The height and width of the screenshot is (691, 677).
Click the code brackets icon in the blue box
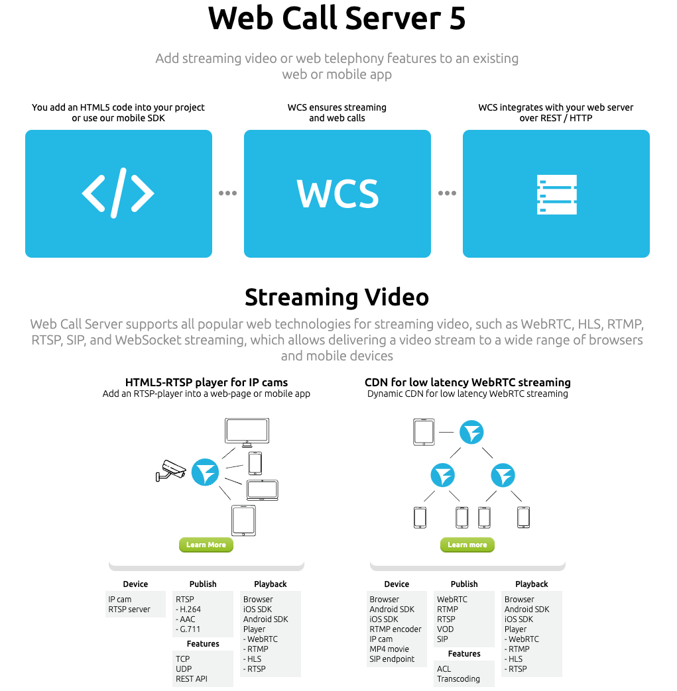(x=118, y=193)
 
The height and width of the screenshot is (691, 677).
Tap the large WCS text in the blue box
(x=338, y=193)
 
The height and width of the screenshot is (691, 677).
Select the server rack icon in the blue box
(x=556, y=194)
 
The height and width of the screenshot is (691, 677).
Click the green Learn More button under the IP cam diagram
(x=206, y=545)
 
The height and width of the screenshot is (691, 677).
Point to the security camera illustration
(x=172, y=470)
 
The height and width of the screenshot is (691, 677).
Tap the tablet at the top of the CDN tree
(x=424, y=433)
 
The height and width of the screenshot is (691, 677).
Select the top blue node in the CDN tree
(x=472, y=433)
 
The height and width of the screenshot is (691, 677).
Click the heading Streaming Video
(x=337, y=297)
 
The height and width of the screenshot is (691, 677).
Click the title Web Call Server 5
(x=337, y=19)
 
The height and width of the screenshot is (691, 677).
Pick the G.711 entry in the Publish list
(x=188, y=629)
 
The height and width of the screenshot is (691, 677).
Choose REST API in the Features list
(x=192, y=679)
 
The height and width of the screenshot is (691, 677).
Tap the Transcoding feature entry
(x=458, y=679)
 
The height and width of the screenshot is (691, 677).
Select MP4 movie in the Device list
(x=389, y=649)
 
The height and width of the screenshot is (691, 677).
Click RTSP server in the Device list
(x=129, y=610)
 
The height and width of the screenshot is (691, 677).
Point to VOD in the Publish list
(x=446, y=629)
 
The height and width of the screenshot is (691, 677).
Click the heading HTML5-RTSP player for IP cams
(x=206, y=382)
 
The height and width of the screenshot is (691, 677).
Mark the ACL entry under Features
(x=444, y=669)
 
